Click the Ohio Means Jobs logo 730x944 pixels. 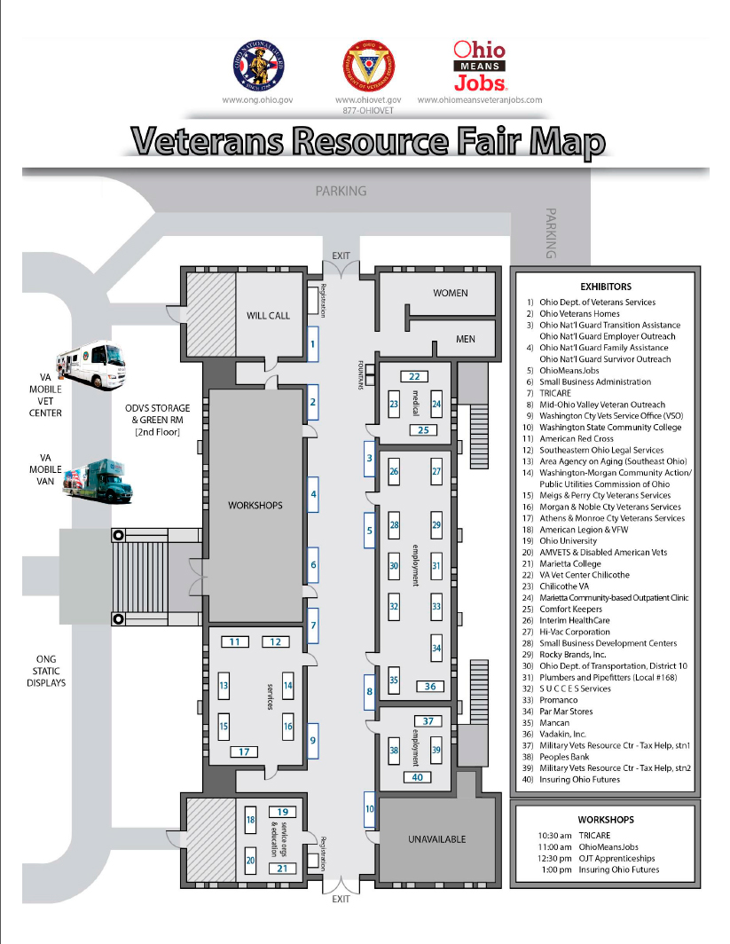coord(480,67)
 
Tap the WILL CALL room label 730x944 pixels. coord(268,316)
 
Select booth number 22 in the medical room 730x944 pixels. coord(413,376)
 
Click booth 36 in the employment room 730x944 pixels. coord(430,686)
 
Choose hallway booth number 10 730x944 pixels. coord(370,809)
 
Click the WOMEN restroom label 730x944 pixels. coord(450,293)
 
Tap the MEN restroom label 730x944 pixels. coord(465,339)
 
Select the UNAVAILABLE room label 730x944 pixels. coord(436,839)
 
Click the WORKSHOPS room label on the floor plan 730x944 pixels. coord(255,505)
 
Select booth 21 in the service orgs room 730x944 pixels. coord(282,868)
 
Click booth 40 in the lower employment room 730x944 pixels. coord(418,777)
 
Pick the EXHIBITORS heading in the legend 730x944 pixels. coord(605,287)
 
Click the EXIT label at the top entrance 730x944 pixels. coord(341,255)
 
